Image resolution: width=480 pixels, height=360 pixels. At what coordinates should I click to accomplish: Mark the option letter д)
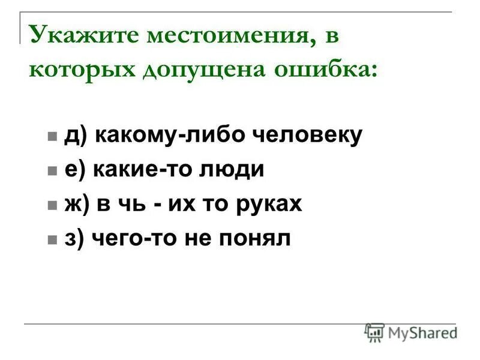click(x=76, y=136)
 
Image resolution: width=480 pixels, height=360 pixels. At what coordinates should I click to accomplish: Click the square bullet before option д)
click(x=52, y=137)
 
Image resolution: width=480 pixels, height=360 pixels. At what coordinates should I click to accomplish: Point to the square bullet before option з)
click(x=52, y=240)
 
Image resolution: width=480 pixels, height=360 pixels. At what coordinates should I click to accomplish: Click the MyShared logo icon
click(x=374, y=332)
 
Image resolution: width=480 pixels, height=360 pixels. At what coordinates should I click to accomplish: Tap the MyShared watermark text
click(x=422, y=332)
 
